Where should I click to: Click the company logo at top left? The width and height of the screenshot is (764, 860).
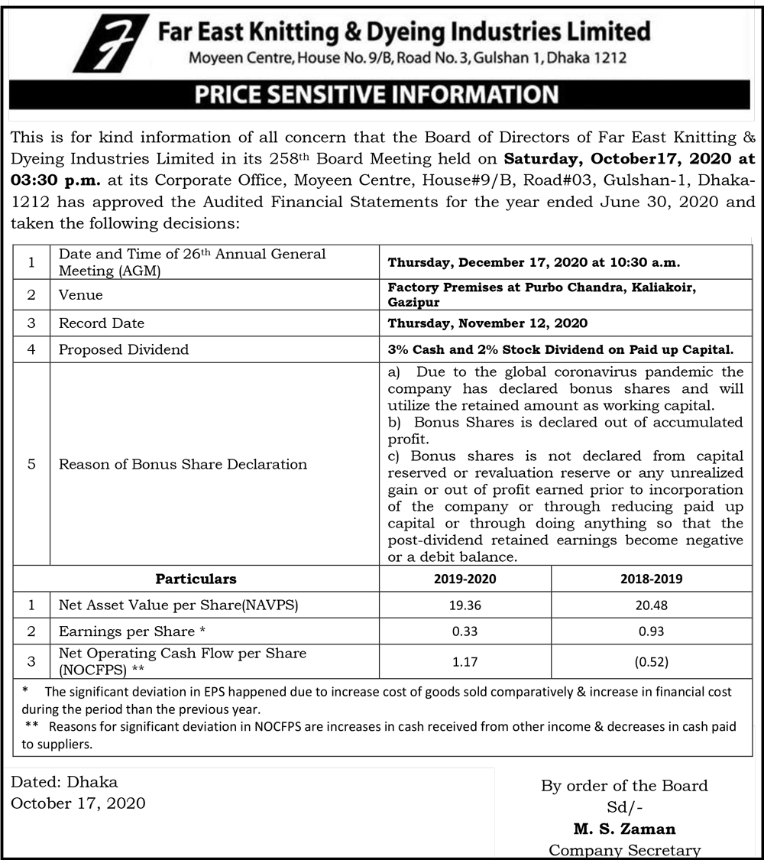tap(111, 43)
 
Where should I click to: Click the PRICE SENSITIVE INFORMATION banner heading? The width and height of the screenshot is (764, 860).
tap(377, 95)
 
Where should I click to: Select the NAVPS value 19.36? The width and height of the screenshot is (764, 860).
tap(465, 605)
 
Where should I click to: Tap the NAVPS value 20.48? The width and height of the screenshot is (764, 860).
tap(652, 605)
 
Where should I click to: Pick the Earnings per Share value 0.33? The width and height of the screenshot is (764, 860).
tap(465, 631)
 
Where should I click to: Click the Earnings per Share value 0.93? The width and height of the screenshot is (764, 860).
tap(652, 631)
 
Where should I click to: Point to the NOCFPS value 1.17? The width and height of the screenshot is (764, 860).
tap(465, 662)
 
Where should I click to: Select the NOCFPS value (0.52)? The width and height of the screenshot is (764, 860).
tap(652, 662)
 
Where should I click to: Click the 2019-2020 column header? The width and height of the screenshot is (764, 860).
tap(465, 579)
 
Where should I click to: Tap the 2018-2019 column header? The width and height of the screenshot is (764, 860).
tap(652, 579)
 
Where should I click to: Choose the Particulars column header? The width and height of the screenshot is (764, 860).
tap(196, 579)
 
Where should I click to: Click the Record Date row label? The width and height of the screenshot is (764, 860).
tap(102, 323)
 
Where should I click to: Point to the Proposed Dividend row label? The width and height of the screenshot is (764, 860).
tap(124, 349)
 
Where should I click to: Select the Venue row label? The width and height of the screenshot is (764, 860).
tap(81, 295)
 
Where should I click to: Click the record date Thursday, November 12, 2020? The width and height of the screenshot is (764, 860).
tap(487, 323)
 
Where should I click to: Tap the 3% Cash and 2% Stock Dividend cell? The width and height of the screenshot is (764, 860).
tap(560, 349)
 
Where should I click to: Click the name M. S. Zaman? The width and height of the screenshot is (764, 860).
tap(624, 829)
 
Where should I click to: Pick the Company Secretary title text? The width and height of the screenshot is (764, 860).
tap(624, 850)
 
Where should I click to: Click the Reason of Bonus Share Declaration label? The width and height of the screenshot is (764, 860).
tap(183, 464)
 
